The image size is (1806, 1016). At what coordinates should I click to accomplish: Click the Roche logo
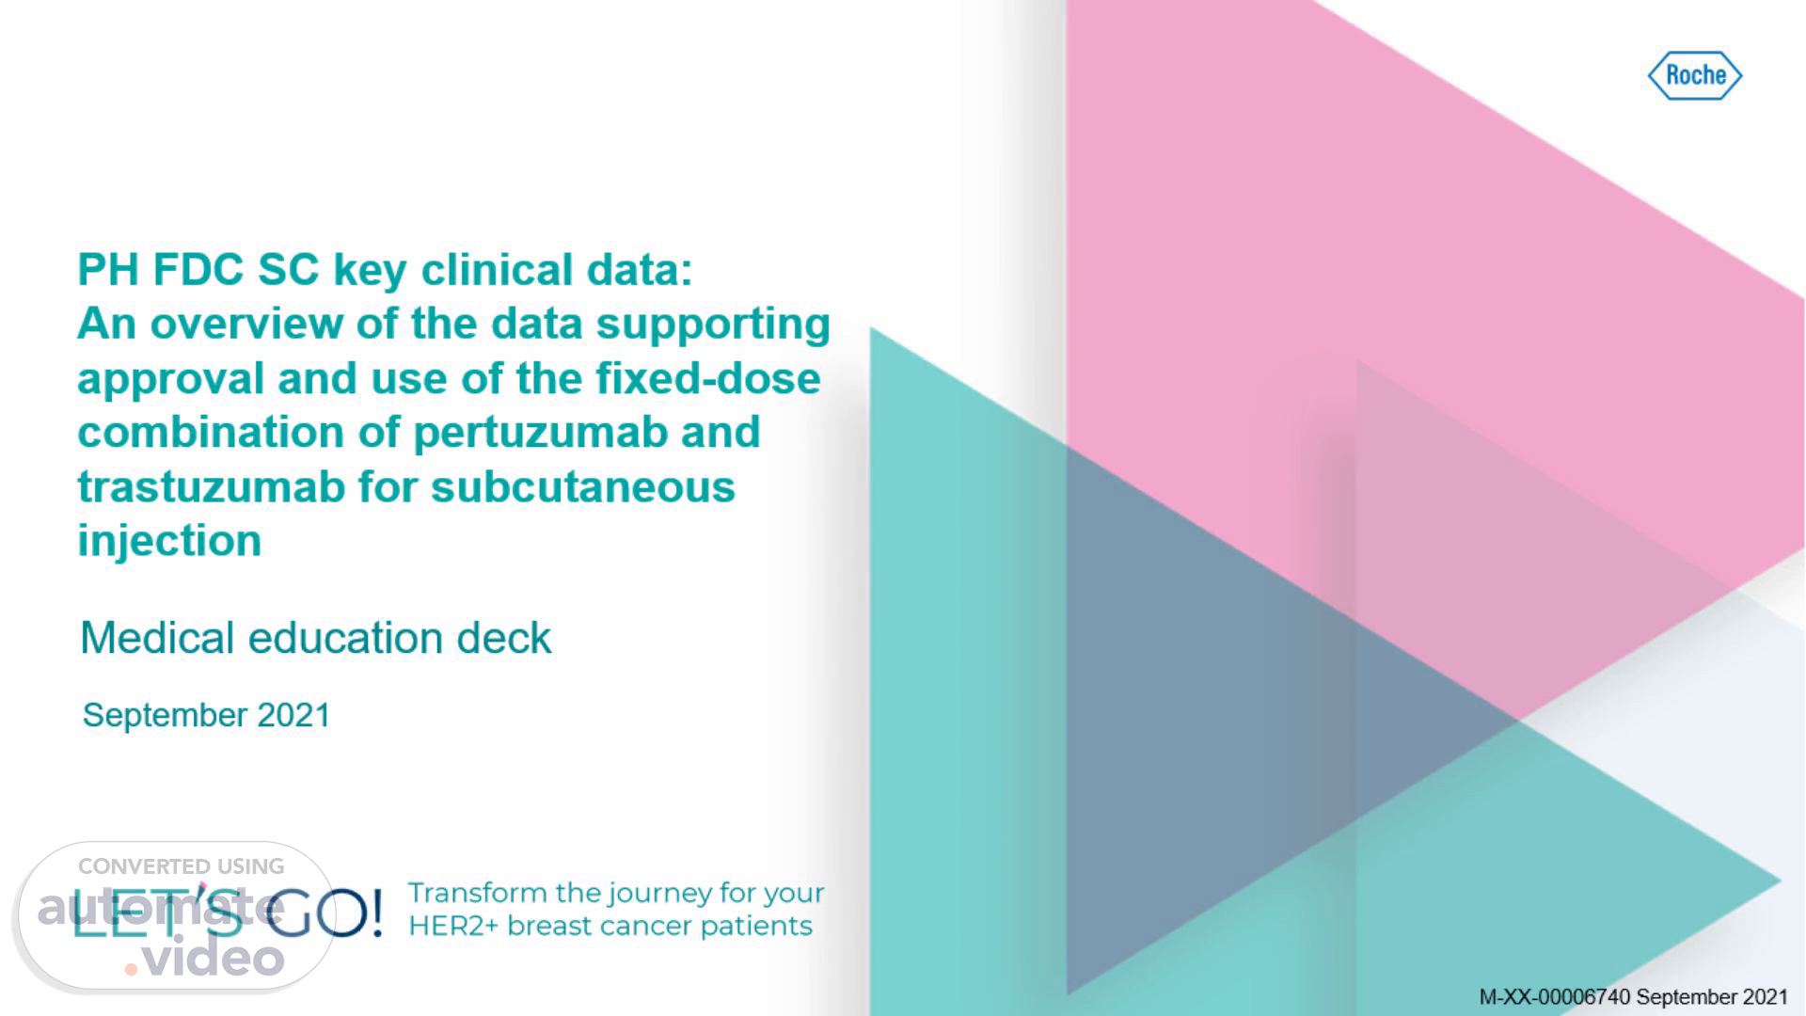pyautogui.click(x=1695, y=75)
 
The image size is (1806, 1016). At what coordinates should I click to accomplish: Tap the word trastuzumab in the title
pyautogui.click(x=212, y=487)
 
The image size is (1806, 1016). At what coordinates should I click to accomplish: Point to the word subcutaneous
pyautogui.click(x=583, y=487)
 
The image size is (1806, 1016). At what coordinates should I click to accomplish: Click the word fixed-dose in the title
pyautogui.click(x=707, y=378)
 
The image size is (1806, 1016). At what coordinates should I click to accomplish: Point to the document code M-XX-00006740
pyautogui.click(x=1554, y=996)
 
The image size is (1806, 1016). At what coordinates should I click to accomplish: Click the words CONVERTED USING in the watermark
pyautogui.click(x=181, y=866)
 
